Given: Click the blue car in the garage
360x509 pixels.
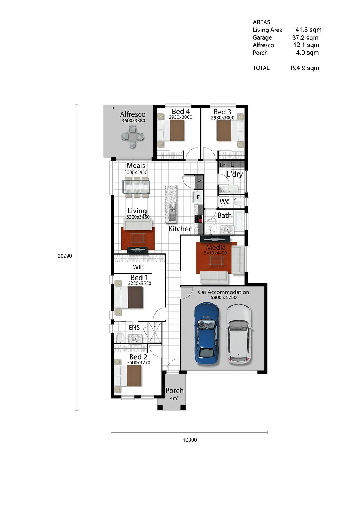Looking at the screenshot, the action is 207,334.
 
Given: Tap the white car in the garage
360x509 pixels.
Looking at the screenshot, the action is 239,334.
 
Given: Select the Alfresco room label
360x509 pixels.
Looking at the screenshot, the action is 133,114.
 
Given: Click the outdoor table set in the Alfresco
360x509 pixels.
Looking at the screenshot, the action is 132,137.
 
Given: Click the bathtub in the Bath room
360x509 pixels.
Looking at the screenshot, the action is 239,220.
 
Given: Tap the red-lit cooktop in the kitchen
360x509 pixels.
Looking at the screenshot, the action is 198,219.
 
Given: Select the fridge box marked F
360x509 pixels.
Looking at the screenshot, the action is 198,197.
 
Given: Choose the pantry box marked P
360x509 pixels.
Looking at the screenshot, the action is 199,181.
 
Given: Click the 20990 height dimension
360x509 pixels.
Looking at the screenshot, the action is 65,256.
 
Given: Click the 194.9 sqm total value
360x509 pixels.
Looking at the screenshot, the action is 304,68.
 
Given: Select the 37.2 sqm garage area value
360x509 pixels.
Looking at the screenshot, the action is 305,38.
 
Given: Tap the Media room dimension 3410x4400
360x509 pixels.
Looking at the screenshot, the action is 215,253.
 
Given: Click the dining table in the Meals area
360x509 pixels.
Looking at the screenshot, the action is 136,186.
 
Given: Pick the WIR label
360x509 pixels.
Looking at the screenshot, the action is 138,267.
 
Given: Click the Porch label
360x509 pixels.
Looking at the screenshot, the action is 174,391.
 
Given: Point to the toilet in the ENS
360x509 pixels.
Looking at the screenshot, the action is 120,338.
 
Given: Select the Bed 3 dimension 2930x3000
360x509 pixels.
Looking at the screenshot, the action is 222,118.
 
